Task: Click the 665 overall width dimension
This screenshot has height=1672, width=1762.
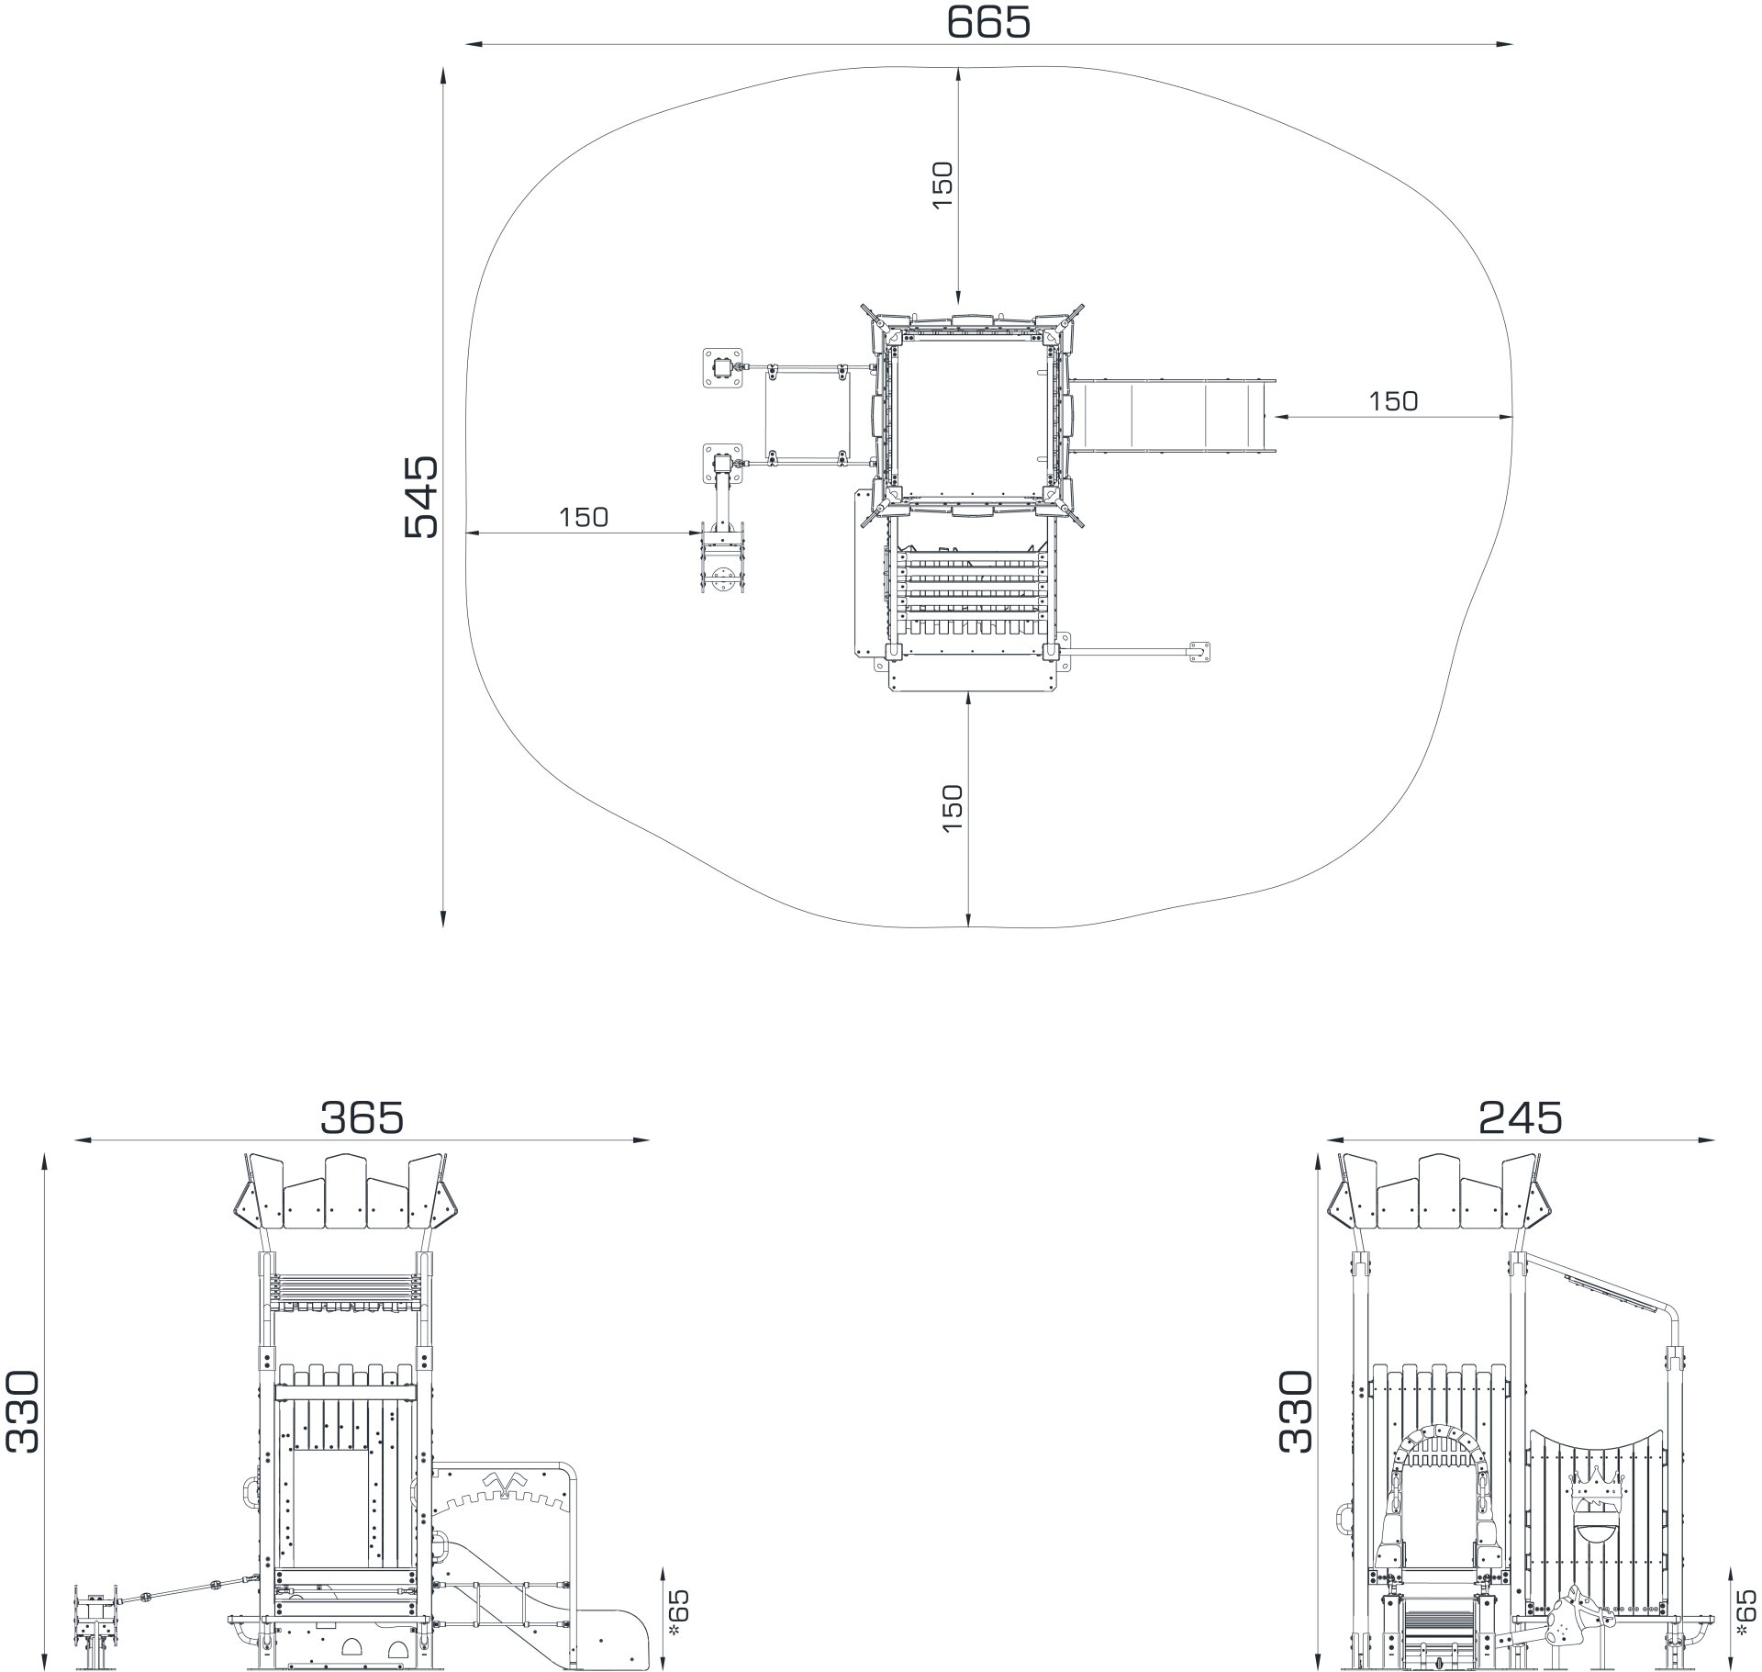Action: tap(988, 22)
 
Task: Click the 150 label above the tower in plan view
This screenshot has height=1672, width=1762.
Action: tap(943, 185)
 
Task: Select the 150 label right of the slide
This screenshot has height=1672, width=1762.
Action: tap(1393, 401)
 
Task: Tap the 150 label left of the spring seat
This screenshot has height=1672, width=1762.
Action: tap(584, 518)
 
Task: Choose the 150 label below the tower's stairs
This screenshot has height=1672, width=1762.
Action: tap(953, 808)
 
